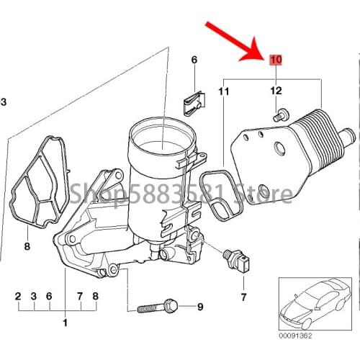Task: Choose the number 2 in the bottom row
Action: coord(18,296)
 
